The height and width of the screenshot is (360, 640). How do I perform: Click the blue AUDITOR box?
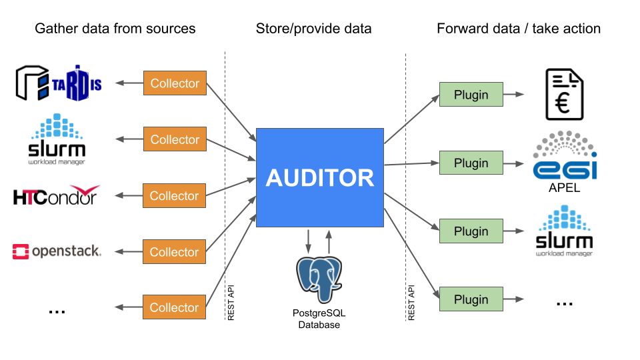(320, 177)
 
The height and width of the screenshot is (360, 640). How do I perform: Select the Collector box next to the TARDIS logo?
(175, 83)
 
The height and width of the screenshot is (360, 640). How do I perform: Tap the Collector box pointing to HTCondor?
(175, 195)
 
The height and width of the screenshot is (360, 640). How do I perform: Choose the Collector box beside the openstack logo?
(175, 251)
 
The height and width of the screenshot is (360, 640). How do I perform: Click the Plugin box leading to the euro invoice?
(471, 95)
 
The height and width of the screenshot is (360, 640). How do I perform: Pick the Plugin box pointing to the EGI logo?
(471, 163)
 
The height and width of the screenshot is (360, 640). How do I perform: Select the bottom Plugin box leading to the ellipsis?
(471, 299)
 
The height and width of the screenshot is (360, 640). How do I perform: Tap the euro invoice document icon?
(564, 94)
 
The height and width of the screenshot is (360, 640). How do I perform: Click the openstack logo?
(57, 251)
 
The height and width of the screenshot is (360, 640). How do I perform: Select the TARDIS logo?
(58, 83)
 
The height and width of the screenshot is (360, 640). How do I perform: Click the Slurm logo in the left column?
(57, 139)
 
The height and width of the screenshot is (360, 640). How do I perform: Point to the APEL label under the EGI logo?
(564, 188)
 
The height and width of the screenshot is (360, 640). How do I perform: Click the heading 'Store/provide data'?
(313, 29)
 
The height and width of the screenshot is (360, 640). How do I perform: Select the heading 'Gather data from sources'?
(115, 29)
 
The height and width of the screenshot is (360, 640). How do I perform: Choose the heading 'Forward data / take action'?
(519, 29)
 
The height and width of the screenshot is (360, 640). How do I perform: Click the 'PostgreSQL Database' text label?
(319, 319)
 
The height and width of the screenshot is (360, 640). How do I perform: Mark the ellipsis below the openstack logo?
(57, 309)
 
